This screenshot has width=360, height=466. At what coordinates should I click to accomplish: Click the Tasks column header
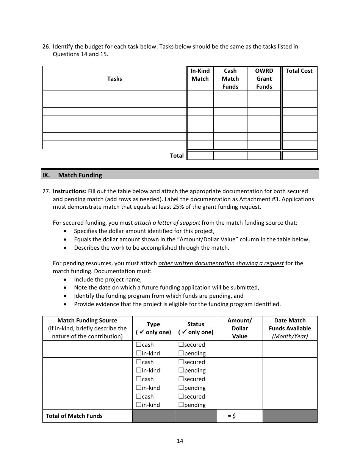[114, 79]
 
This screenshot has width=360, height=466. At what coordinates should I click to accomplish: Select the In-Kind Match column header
[200, 75]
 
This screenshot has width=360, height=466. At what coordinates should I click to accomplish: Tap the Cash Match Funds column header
[230, 79]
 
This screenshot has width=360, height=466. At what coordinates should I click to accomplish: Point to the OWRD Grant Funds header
[264, 79]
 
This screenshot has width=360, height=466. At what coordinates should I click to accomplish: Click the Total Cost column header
[299, 71]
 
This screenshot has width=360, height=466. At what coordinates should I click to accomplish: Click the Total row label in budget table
[177, 156]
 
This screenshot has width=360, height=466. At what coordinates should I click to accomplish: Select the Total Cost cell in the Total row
[299, 156]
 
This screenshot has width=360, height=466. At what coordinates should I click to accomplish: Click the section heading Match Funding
[80, 175]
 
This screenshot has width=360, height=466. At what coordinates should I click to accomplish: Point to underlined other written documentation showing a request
[221, 263]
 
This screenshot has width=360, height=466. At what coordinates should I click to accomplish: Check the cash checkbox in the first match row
[139, 345]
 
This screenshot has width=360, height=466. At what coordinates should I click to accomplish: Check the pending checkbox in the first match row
[181, 353]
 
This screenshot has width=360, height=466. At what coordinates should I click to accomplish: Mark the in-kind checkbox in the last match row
[139, 405]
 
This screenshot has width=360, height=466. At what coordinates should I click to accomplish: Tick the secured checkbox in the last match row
[181, 397]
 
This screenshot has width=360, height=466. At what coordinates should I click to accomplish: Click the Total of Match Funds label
[74, 416]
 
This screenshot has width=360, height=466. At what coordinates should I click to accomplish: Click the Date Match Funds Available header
[290, 328]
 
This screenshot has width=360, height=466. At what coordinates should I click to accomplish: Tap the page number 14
[180, 441]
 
